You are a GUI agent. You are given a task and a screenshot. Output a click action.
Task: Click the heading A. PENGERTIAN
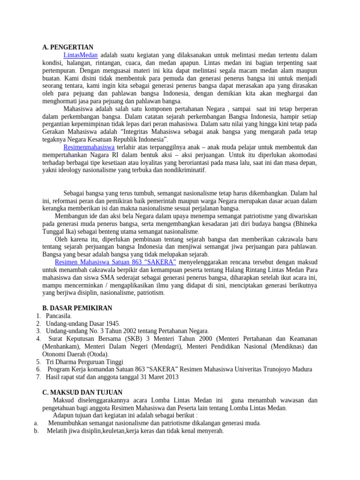click(x=67, y=47)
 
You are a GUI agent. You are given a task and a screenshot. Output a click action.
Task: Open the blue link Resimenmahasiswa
click(x=89, y=147)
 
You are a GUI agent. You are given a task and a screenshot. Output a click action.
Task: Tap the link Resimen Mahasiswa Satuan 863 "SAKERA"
click(x=115, y=262)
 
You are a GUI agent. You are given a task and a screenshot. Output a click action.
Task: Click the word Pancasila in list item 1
click(x=59, y=316)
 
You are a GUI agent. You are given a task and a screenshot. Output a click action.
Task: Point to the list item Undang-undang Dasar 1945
click(x=83, y=323)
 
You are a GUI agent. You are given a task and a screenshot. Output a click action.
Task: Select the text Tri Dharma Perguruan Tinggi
click(x=84, y=362)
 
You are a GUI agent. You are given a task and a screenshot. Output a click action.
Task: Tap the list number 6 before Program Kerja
click(x=38, y=369)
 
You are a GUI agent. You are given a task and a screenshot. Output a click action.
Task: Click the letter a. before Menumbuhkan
click(x=36, y=423)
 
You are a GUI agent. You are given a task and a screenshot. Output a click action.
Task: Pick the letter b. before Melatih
click(x=36, y=431)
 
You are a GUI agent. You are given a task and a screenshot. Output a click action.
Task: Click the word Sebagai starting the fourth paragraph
click(x=76, y=193)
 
